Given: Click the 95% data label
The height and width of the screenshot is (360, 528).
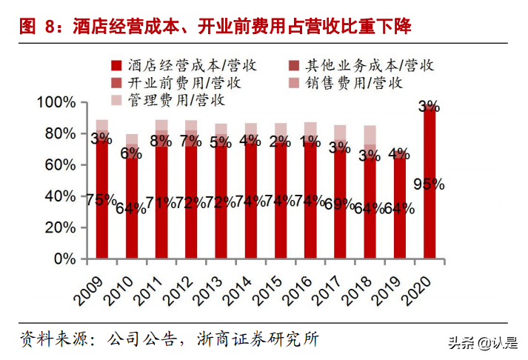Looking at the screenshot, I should coord(429,184).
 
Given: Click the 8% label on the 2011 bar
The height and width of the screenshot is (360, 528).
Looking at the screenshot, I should coord(161,141).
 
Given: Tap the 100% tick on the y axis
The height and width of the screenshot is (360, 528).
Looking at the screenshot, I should coord(56,102).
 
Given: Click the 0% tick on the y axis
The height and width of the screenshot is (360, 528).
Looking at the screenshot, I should coord(64,259).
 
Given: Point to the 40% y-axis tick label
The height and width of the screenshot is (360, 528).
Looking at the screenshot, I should coord(60,196).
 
